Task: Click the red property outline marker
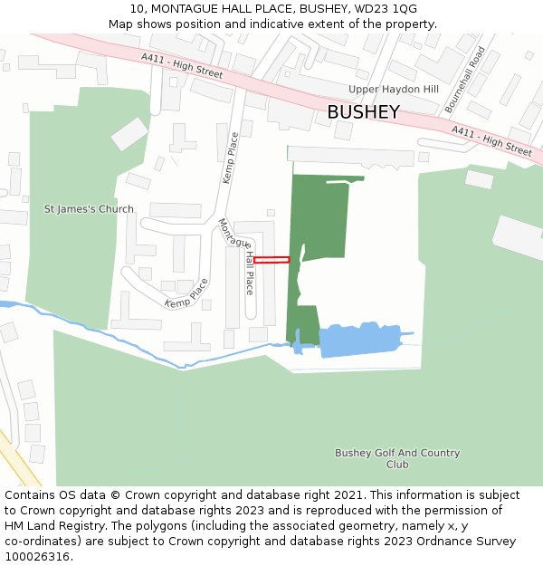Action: (271, 260)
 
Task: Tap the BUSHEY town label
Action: (363, 112)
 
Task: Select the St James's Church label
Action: (89, 209)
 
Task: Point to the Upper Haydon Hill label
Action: (394, 90)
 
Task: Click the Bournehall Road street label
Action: (465, 79)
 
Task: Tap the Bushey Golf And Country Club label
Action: (397, 458)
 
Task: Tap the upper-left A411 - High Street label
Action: (181, 65)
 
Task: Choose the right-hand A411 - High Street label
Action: (491, 141)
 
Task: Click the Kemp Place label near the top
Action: (231, 158)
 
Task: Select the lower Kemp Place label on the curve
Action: (186, 293)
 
